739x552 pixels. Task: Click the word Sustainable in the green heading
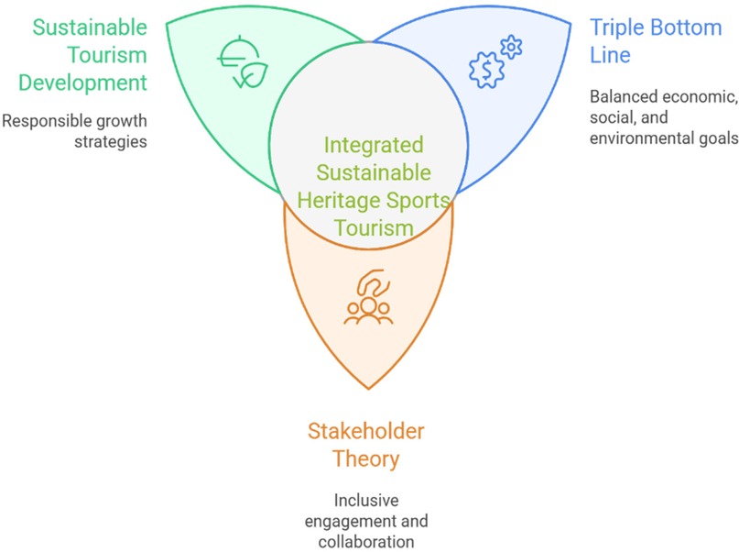89,26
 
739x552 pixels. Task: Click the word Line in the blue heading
610,55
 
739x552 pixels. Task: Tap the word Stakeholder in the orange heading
365,431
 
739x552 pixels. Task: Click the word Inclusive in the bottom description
366,500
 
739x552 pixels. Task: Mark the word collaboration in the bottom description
366,542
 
